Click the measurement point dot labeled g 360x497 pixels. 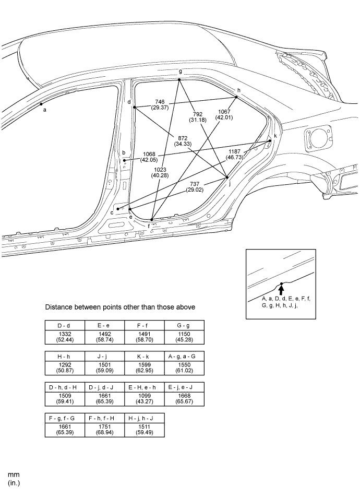179,79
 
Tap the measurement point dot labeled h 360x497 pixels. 237,97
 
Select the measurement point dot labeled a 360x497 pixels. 41,104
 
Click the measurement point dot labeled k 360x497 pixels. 270,140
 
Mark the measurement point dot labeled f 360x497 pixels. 151,220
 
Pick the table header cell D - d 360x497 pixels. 65,326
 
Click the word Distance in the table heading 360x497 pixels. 59,307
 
